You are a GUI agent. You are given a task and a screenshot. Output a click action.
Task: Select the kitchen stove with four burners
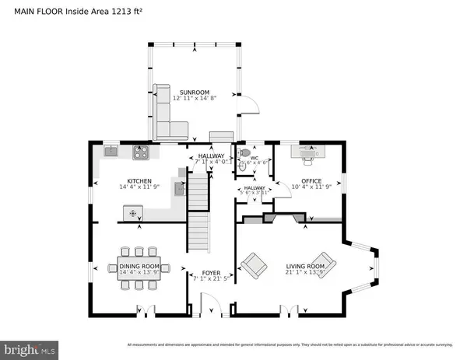click(142, 153)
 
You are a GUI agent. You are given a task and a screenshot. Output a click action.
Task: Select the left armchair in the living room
click(253, 267)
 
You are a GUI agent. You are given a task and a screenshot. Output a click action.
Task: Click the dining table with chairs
click(139, 268)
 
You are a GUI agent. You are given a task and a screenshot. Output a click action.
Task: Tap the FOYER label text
click(211, 274)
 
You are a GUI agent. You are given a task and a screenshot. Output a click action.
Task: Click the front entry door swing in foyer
click(210, 305)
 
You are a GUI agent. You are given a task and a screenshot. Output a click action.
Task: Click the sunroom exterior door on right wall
click(244, 107)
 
